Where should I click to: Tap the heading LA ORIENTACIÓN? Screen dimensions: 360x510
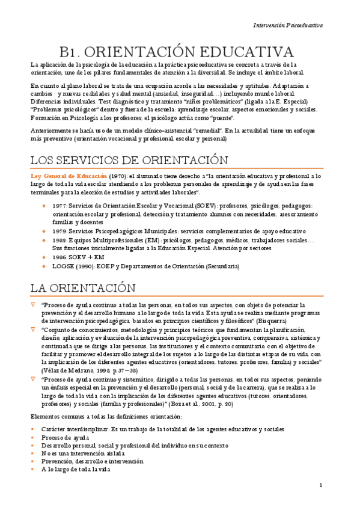click(x=84, y=287)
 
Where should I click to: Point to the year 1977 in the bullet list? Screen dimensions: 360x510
click(x=59, y=206)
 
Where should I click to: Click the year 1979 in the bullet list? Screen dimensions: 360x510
click(x=59, y=231)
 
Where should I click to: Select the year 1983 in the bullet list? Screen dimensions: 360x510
click(x=59, y=239)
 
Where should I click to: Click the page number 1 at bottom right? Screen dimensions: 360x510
click(x=321, y=485)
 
